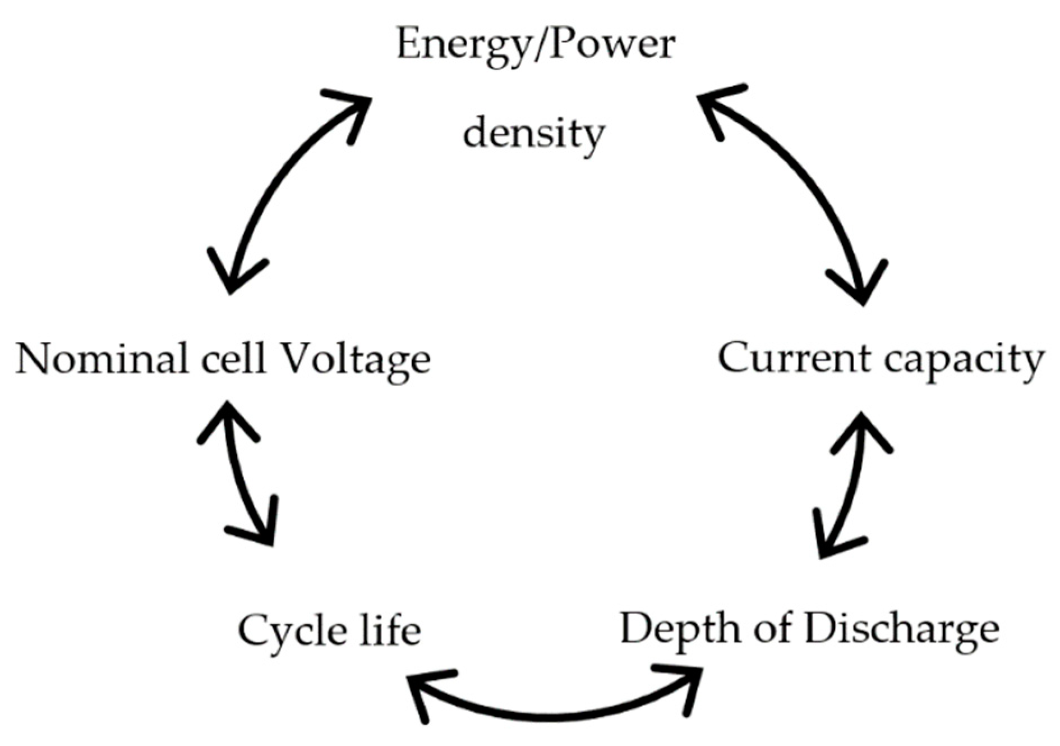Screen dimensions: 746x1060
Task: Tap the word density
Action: (533, 134)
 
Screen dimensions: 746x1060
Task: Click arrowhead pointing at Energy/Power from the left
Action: (353, 109)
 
